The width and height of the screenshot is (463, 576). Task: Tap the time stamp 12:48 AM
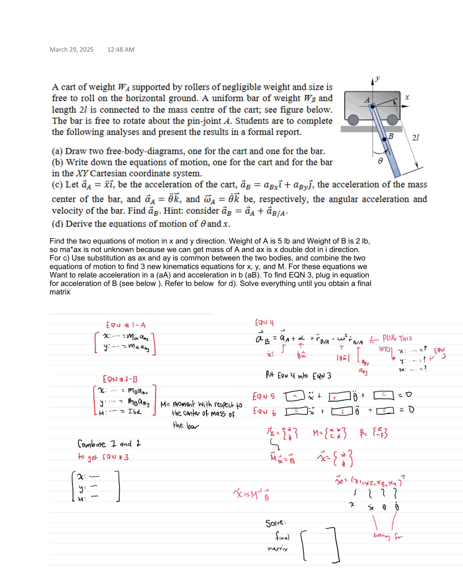[x=121, y=49]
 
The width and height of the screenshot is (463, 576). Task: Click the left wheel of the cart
[x=353, y=120]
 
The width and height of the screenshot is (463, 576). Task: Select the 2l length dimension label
[x=415, y=138]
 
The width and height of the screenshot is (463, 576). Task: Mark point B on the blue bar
[x=384, y=139]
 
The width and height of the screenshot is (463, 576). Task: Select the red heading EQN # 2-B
[x=120, y=379]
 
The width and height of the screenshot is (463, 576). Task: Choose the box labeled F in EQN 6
[x=385, y=411]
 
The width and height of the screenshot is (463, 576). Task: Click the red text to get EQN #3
[x=103, y=457]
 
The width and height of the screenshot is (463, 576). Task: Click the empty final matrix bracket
[x=320, y=545]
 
